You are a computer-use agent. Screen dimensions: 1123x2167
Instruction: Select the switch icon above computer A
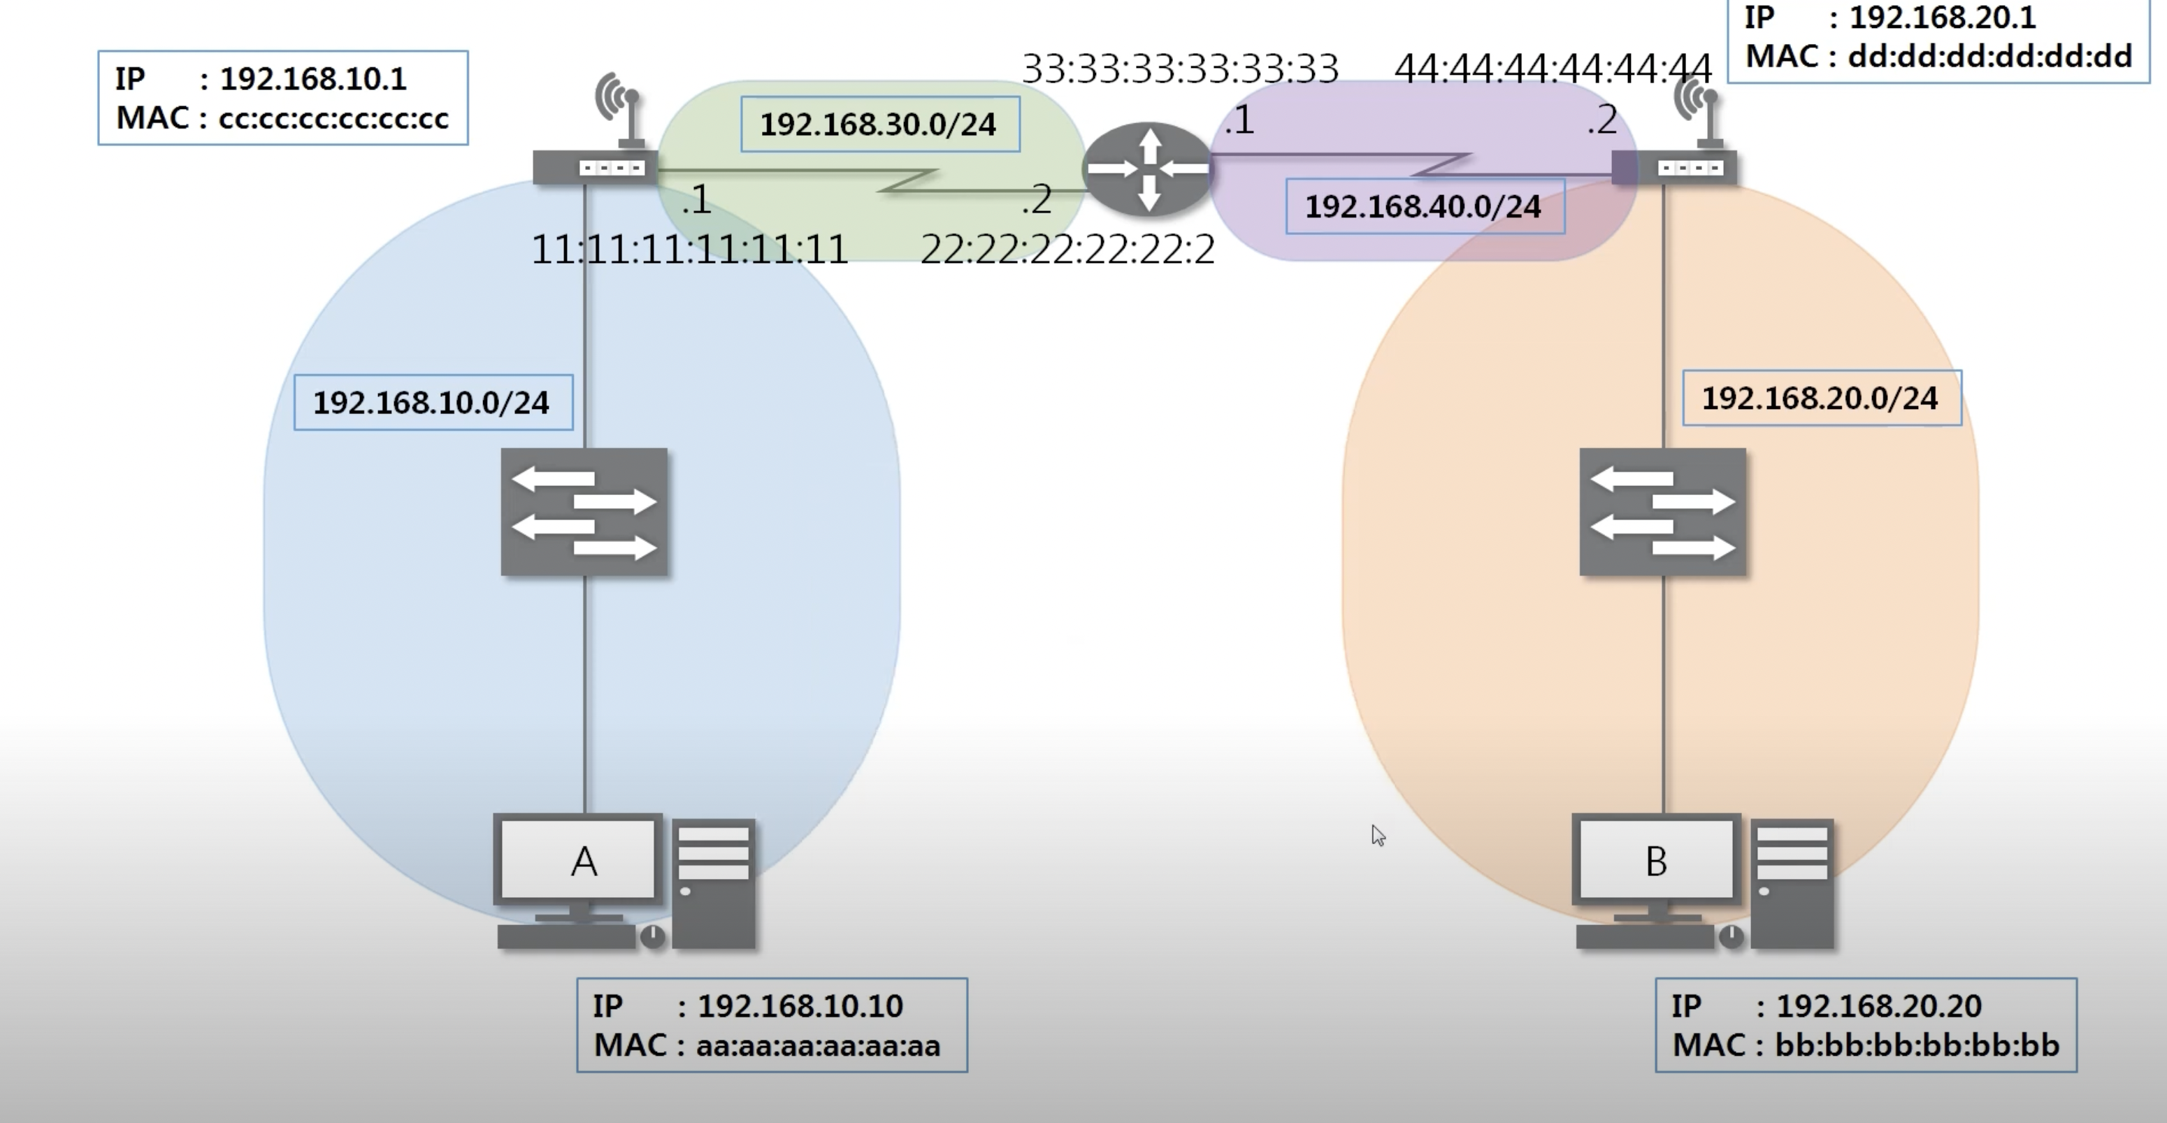[584, 511]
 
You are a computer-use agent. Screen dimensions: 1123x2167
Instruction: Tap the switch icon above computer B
[1662, 511]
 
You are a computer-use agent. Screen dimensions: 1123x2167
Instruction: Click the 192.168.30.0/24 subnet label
[879, 124]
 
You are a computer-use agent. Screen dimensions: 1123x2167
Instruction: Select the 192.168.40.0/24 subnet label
[1423, 206]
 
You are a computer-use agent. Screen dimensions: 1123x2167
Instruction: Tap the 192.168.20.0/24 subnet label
[1820, 398]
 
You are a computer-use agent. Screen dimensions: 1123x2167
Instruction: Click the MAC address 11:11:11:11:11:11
[690, 250]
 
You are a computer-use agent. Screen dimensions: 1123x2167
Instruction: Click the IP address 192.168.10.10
[800, 1006]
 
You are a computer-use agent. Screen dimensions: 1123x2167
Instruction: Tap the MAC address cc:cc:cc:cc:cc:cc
[333, 119]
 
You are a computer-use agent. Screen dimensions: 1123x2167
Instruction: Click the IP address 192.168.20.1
[1941, 17]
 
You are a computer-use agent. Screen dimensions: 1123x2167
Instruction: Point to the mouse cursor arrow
[1377, 834]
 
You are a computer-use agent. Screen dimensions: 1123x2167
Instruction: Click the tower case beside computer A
[713, 883]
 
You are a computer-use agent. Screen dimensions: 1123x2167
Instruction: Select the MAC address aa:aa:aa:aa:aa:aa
[818, 1045]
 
